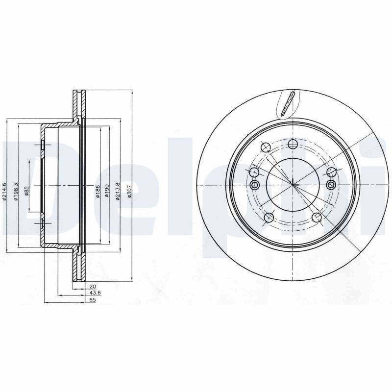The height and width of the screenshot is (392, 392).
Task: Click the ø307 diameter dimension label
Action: [129, 193]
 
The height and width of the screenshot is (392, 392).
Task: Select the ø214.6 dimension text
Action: [4, 192]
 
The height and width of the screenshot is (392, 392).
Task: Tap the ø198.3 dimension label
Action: [16, 192]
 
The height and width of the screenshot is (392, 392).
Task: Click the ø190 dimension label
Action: [107, 191]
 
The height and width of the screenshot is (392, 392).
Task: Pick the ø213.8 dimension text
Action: [118, 192]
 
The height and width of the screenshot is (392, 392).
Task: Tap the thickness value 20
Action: [92, 287]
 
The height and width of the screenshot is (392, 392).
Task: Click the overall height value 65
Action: [92, 300]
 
